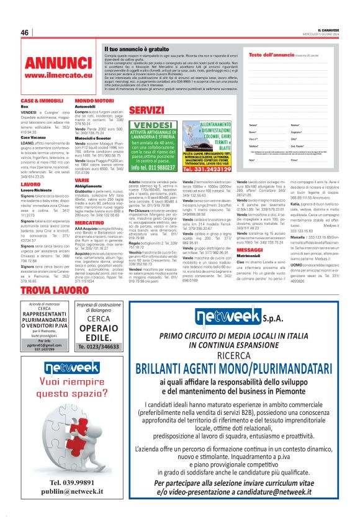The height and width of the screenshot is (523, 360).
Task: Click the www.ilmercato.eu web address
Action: point(50,75)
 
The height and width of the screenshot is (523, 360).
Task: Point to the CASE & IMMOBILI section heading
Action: point(42,100)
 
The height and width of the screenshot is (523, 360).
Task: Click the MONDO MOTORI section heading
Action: point(94,100)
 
